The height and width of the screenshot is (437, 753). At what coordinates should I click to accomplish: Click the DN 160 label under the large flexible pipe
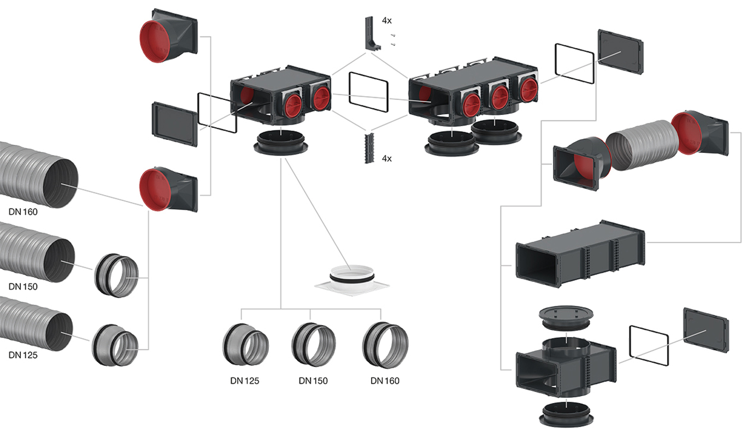tap(23, 212)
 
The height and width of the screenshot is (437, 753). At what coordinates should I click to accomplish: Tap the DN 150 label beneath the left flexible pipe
tap(23, 286)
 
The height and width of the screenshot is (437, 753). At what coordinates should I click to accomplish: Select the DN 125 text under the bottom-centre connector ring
tap(244, 381)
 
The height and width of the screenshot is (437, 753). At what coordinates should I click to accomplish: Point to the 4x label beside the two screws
tap(387, 21)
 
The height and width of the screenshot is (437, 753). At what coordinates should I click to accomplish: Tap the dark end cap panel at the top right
tap(620, 52)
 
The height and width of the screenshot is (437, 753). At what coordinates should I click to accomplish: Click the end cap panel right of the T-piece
tap(705, 330)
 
